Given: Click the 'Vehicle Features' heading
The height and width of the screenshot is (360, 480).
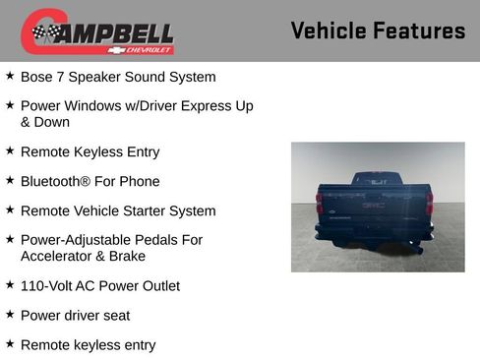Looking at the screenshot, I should point(378,30).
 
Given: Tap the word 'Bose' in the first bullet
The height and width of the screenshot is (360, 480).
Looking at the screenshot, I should point(37,77).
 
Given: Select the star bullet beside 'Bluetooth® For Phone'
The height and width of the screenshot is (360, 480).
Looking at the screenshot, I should point(10,181).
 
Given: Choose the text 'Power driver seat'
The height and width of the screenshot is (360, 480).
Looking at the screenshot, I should point(75,316).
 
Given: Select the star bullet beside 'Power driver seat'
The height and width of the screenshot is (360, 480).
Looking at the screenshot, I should point(10,315).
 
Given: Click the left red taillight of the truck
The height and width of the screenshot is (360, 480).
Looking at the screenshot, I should point(319,203).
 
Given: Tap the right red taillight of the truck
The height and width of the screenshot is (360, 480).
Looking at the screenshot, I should point(429,203).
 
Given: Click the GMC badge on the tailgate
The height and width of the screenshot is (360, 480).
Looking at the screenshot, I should point(374,208).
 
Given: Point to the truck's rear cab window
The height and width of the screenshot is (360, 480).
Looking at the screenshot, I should point(373,180).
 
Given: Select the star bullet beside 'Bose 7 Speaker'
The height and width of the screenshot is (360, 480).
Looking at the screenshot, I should point(10,76).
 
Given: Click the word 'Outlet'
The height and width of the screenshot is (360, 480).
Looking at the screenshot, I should point(157,286).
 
